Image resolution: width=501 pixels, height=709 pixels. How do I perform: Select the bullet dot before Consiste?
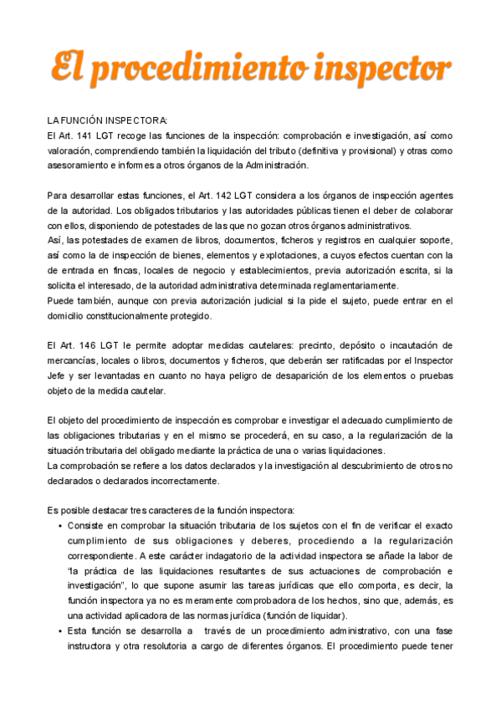(59, 526)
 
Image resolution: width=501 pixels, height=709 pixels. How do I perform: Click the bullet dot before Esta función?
(59, 631)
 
